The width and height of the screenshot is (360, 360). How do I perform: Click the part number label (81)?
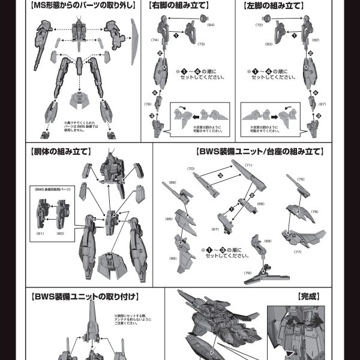(41, 233)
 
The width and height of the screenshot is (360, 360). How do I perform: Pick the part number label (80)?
(59, 233)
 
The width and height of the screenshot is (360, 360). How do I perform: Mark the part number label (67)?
(214, 229)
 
